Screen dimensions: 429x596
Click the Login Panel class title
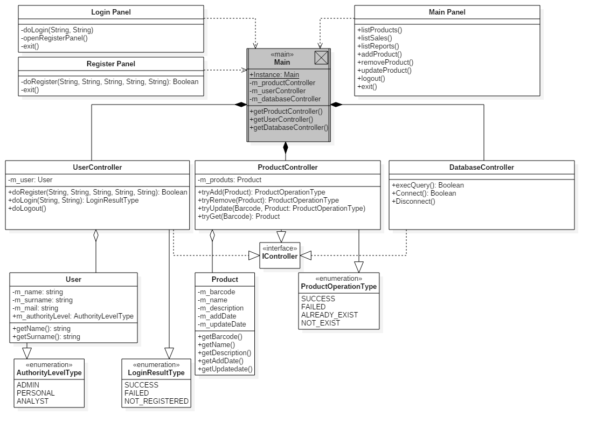(x=111, y=12)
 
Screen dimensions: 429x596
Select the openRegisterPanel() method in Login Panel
(x=54, y=38)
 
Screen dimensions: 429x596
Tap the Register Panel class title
(x=111, y=64)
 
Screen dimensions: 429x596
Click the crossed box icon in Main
(x=321, y=58)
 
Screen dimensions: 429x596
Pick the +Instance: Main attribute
(x=274, y=75)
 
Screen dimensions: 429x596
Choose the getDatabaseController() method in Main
(x=289, y=128)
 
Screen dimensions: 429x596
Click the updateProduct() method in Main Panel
(x=384, y=71)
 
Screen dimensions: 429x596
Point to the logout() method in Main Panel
(x=371, y=79)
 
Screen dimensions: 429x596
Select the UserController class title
(x=98, y=168)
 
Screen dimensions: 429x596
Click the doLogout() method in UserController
(x=27, y=209)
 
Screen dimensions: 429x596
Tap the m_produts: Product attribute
(x=230, y=180)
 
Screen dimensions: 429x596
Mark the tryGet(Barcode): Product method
(x=239, y=217)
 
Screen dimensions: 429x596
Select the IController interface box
(x=280, y=256)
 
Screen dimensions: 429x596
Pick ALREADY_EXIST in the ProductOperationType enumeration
(x=329, y=315)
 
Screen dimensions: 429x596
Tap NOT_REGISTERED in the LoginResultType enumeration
(x=156, y=402)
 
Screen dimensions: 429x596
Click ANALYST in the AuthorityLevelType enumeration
(x=32, y=402)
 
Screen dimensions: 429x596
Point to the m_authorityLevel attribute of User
(x=73, y=316)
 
